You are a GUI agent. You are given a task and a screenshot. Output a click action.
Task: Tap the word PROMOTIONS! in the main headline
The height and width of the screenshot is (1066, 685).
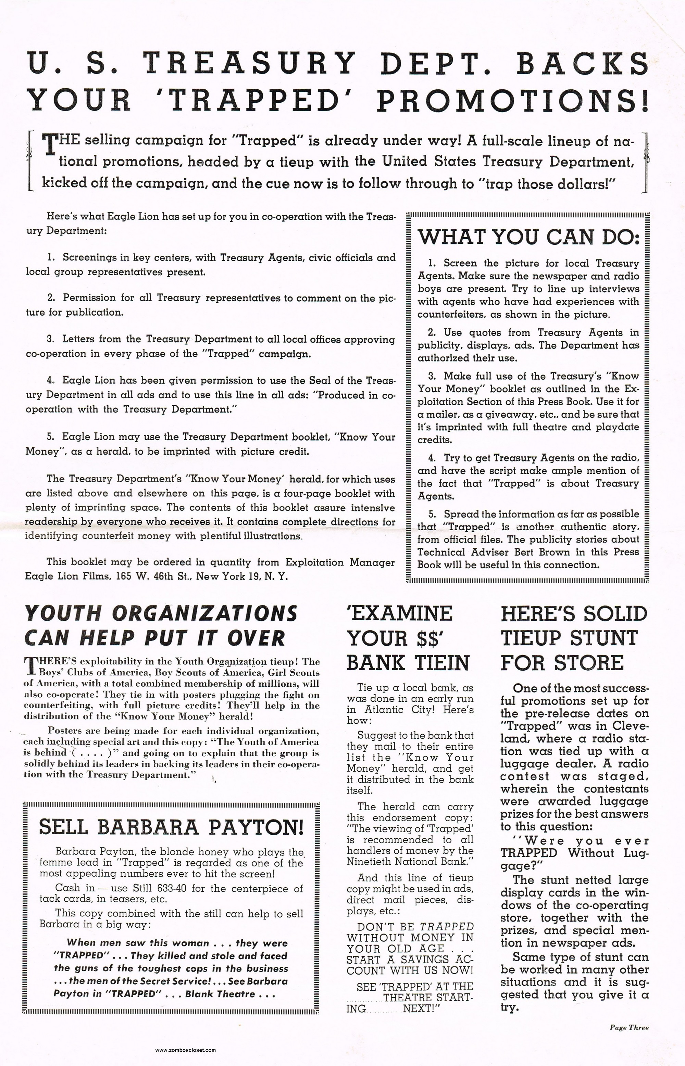click(x=512, y=101)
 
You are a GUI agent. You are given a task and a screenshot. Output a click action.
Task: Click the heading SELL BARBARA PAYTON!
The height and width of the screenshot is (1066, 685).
click(x=171, y=826)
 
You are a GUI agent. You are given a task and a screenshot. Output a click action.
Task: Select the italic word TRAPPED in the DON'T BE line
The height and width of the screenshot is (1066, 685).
click(x=447, y=927)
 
